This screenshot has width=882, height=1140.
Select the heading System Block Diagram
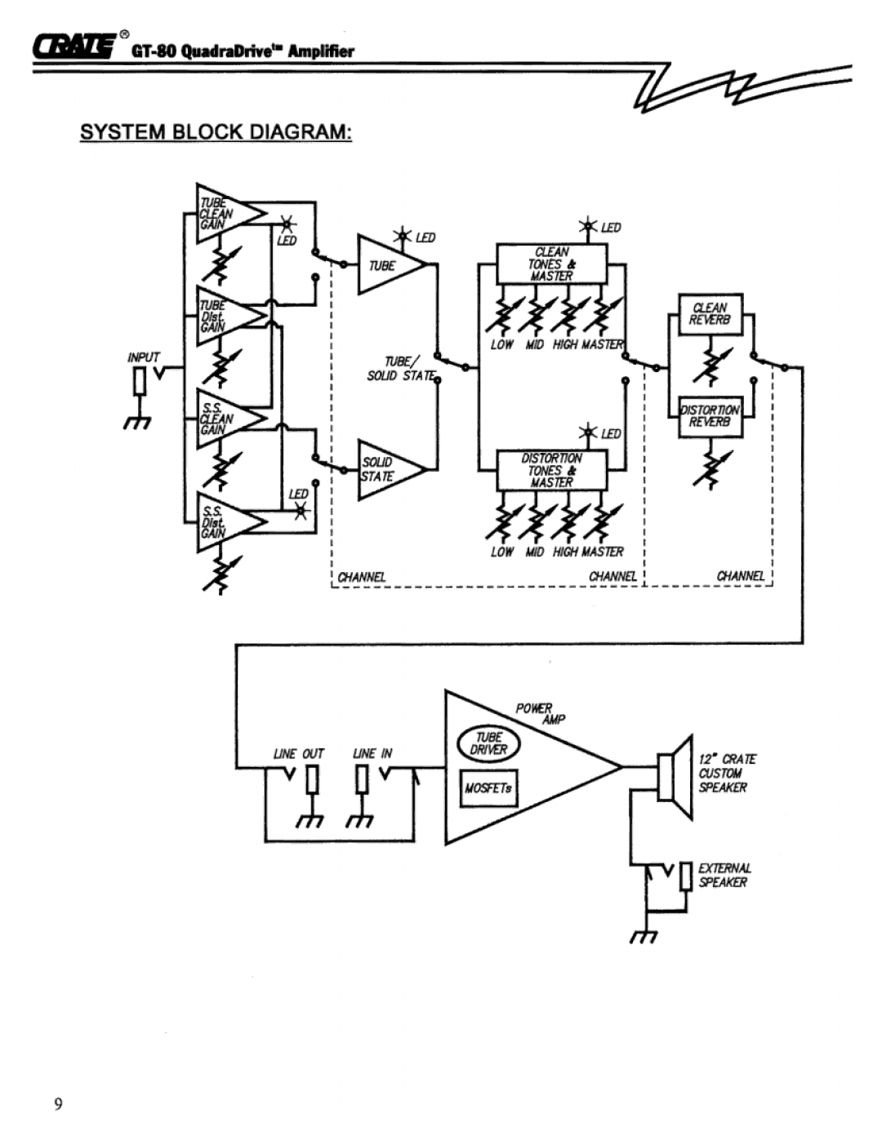[x=216, y=132]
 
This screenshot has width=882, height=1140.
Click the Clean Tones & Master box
[x=552, y=264]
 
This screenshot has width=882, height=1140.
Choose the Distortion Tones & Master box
[x=552, y=470]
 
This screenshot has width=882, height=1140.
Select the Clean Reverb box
[x=710, y=314]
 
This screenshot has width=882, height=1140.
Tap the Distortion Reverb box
[x=710, y=416]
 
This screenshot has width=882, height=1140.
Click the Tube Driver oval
[x=488, y=743]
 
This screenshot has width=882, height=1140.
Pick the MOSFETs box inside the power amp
[x=488, y=788]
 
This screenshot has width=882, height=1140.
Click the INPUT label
[x=144, y=357]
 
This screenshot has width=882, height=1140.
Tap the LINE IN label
[x=372, y=754]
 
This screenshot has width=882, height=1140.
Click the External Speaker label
[x=724, y=875]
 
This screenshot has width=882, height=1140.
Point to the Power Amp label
[x=539, y=712]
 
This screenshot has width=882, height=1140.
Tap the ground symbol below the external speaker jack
[x=642, y=935]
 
